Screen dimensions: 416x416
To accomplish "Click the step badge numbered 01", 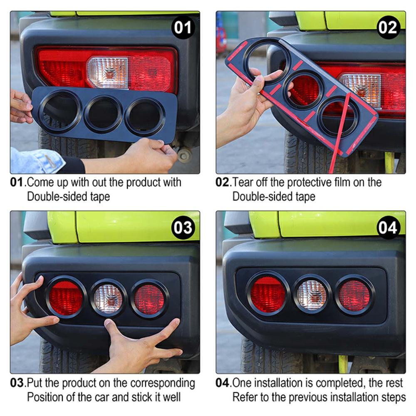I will click(x=183, y=27).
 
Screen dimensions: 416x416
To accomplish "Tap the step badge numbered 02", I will click(x=388, y=27).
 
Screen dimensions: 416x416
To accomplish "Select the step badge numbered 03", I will click(x=183, y=228).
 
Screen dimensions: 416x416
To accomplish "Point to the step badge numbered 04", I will click(x=388, y=228).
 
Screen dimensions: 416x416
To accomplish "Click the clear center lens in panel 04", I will click(x=312, y=295).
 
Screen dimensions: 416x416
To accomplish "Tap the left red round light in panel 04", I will click(x=268, y=293).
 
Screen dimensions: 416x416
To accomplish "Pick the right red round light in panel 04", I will click(x=354, y=295).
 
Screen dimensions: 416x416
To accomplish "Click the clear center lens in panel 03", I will click(x=108, y=298).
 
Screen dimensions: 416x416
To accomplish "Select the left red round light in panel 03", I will click(x=66, y=297).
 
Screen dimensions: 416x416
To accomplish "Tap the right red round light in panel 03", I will click(x=149, y=299).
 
